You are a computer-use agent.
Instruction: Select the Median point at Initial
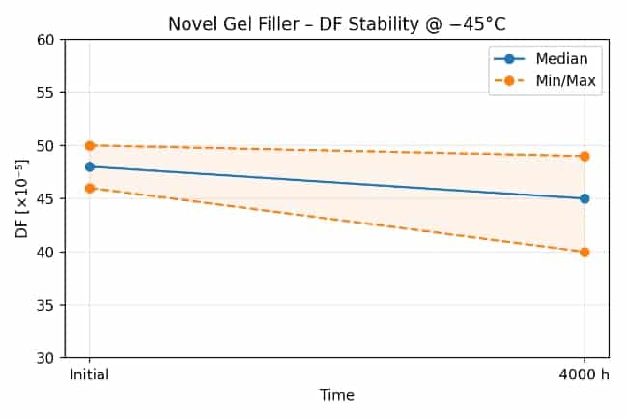pyautogui.click(x=90, y=166)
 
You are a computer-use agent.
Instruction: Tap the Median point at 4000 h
pyautogui.click(x=585, y=198)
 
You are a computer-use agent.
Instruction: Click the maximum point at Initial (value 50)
pyautogui.click(x=90, y=145)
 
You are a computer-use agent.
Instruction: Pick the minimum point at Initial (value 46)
pyautogui.click(x=90, y=188)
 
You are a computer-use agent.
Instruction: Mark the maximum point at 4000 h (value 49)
pyautogui.click(x=585, y=156)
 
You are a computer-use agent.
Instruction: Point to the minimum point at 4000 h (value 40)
pyautogui.click(x=585, y=252)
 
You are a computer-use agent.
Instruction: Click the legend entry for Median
pyautogui.click(x=550, y=59)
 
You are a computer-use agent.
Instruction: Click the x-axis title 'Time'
pyautogui.click(x=336, y=395)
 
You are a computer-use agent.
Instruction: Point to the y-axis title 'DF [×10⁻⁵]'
pyautogui.click(x=22, y=198)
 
